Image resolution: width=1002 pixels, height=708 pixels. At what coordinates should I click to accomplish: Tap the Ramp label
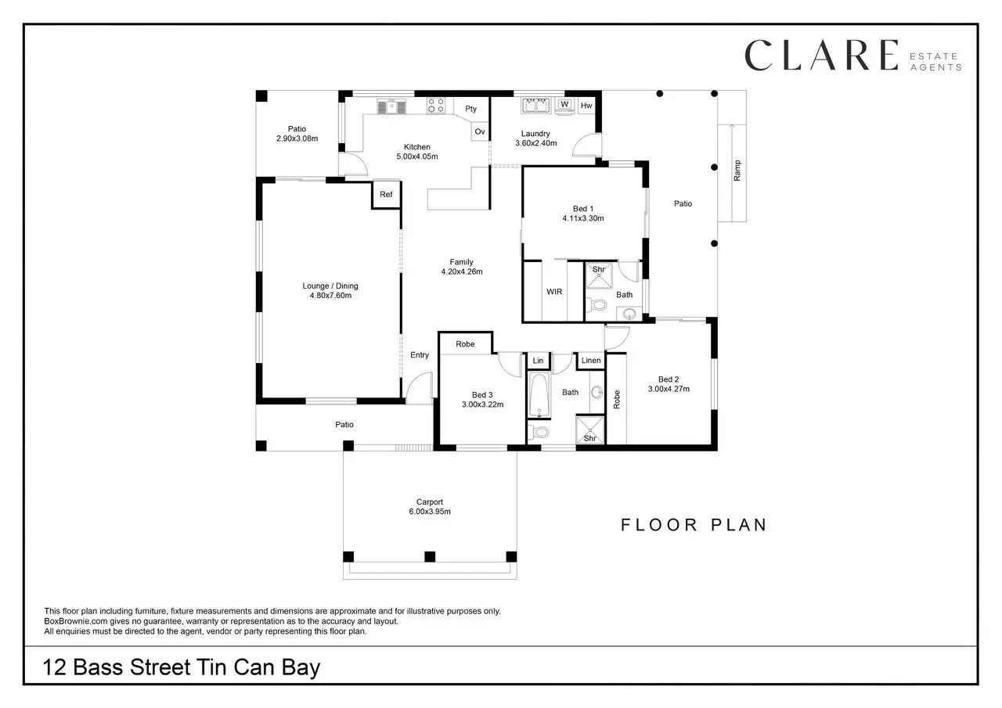[x=737, y=171]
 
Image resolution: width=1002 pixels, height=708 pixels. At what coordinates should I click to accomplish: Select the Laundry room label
[x=535, y=134]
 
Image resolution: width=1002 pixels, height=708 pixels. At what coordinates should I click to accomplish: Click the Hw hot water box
[x=586, y=106]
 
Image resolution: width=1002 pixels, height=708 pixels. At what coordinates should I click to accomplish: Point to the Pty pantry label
[x=471, y=109]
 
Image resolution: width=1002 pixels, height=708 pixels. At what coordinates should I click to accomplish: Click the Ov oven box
[x=479, y=132]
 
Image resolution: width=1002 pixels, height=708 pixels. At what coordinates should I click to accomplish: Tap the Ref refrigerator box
[x=386, y=195]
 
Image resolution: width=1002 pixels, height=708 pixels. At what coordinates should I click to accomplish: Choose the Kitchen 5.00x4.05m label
[x=416, y=152]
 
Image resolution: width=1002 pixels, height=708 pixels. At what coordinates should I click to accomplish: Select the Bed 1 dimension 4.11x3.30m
[x=583, y=219]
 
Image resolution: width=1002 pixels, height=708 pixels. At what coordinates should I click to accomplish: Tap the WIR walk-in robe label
[x=553, y=292]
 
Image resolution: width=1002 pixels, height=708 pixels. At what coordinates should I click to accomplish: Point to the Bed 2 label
[x=668, y=379]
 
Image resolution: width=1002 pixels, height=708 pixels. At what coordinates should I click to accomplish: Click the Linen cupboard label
[x=591, y=361]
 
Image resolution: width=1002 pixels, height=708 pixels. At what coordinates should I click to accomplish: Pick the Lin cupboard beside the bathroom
[x=538, y=361]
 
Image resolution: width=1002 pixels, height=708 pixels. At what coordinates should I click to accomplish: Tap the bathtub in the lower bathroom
[x=539, y=396]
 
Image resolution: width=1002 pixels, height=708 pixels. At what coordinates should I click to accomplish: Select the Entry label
[x=420, y=355]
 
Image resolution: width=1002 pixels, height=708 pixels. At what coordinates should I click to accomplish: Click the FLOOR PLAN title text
[x=694, y=525]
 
